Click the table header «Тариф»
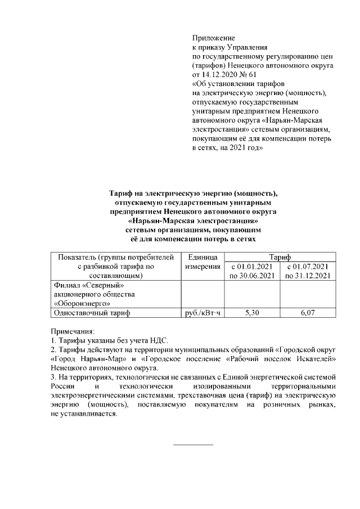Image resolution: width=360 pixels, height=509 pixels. tap(280, 256)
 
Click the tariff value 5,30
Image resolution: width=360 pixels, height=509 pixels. tap(252, 313)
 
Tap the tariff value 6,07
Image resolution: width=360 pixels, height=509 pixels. tap(307, 313)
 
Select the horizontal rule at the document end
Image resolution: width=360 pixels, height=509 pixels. tap(193, 445)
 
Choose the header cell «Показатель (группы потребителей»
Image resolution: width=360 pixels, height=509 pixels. tap(115, 256)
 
